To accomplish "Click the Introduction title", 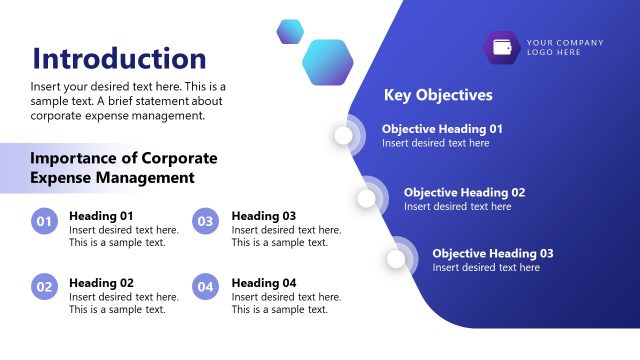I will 119,58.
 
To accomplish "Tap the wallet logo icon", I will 502,48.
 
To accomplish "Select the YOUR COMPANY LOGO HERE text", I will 565,47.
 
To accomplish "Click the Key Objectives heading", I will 438,95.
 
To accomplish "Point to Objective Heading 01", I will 442,129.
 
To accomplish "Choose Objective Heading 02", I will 464,192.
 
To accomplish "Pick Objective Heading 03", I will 492,253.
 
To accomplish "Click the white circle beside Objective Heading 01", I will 345,135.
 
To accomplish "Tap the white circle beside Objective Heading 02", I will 366,198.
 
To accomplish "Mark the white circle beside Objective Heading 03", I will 396,259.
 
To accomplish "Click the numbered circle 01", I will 44,222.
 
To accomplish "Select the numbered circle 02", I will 44,287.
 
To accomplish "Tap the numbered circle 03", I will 205,222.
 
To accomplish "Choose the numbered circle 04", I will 205,287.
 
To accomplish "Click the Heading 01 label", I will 101,215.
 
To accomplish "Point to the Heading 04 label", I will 264,283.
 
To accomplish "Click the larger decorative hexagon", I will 327,62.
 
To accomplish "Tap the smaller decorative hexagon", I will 290,32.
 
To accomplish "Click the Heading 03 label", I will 264,215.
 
